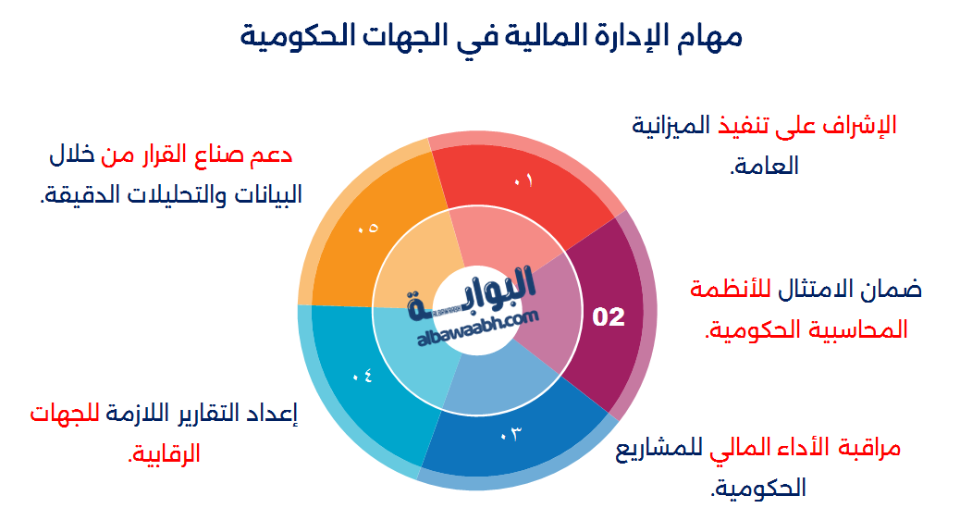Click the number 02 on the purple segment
609,316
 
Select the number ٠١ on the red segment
523,180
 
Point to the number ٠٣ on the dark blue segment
510,434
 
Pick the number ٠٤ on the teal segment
362,375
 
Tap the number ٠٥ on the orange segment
367,228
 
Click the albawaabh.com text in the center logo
477,328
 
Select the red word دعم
270,155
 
